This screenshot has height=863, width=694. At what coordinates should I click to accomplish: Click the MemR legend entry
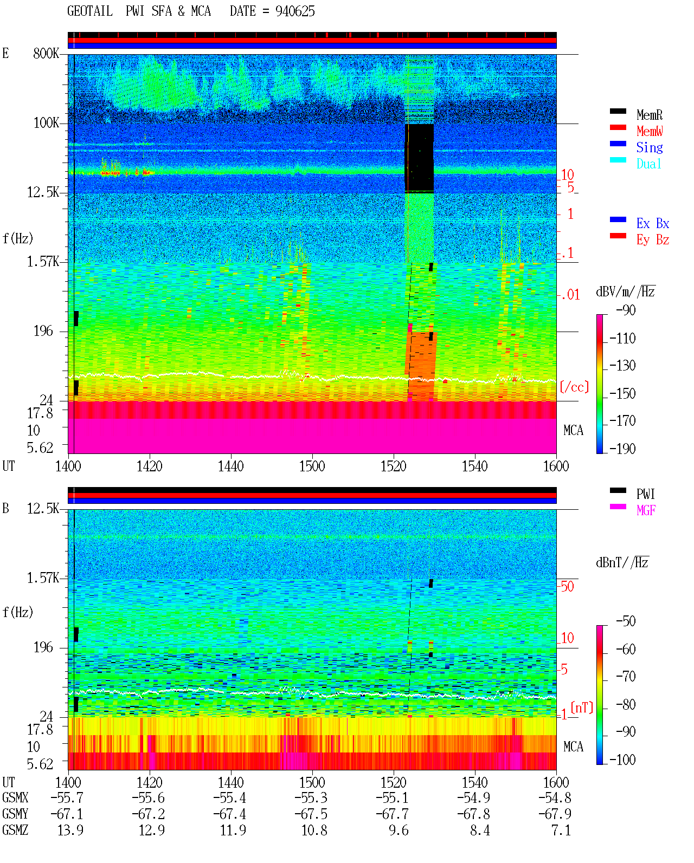(649, 115)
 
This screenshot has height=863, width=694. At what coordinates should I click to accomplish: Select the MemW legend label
(650, 131)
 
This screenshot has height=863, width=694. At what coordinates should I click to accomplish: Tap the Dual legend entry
(648, 164)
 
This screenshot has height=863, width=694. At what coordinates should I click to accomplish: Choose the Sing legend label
(650, 147)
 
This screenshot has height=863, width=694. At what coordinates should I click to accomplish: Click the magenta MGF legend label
(646, 510)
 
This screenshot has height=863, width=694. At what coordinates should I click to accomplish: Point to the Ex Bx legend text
(653, 223)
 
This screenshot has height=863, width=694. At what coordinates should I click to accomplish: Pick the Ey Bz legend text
(653, 240)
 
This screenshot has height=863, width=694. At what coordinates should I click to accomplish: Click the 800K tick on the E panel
(46, 53)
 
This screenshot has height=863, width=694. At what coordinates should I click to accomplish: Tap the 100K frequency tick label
(46, 123)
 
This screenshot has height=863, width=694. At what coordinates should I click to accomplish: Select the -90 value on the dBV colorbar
(626, 310)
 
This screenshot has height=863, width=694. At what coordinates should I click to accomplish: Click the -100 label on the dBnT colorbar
(622, 760)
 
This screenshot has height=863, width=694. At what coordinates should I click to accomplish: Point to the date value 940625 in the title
(295, 11)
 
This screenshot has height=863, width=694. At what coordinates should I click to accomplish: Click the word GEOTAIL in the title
(90, 11)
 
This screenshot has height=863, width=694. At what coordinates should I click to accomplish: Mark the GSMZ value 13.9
(70, 830)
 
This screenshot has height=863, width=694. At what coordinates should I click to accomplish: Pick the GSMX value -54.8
(555, 797)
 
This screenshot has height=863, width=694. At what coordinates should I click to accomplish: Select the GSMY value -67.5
(311, 814)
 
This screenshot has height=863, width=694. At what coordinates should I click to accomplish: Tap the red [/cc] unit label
(574, 387)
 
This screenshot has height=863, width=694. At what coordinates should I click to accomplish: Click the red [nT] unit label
(582, 708)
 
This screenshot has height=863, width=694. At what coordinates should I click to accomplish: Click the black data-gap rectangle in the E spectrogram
(420, 158)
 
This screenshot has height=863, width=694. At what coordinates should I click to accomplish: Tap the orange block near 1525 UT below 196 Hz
(421, 366)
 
